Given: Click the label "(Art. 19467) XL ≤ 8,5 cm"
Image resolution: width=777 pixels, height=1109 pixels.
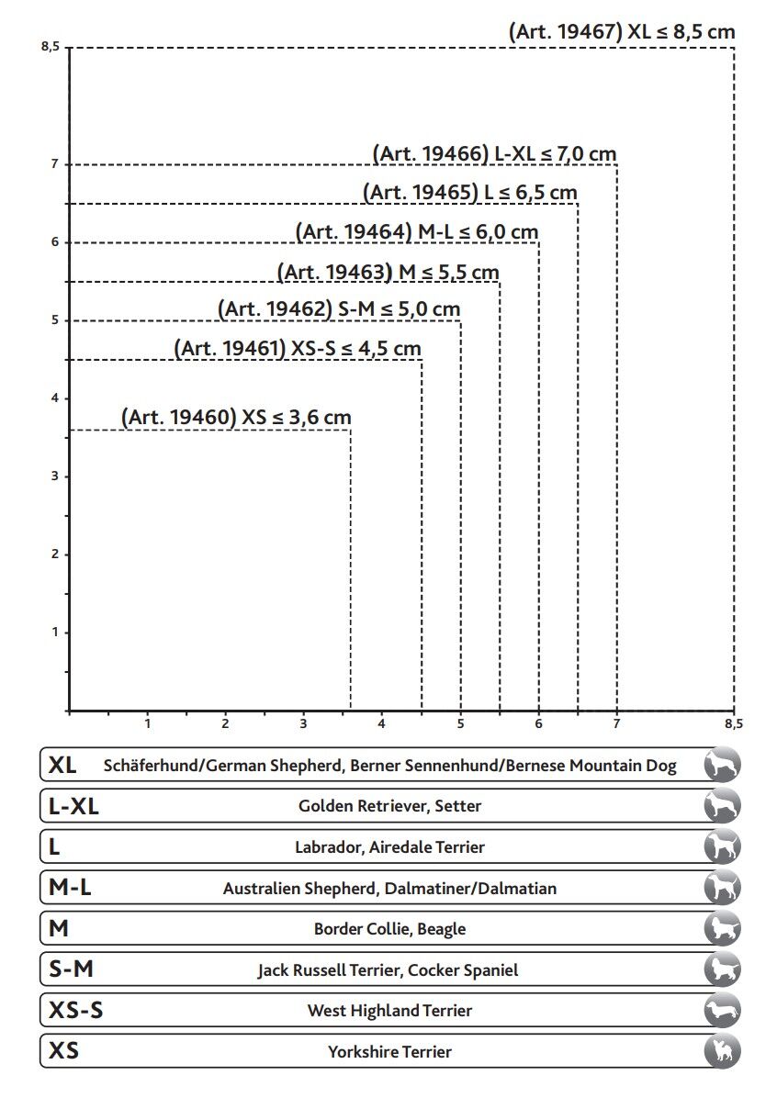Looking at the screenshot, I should [x=622, y=32].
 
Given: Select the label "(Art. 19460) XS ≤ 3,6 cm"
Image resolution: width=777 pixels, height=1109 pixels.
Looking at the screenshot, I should [x=236, y=418].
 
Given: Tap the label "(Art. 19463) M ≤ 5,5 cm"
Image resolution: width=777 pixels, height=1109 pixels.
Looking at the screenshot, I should [x=388, y=273].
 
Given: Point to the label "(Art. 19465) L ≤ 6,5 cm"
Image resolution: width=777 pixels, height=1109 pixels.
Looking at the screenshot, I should [x=470, y=193].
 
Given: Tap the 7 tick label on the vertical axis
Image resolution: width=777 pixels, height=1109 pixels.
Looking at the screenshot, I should [x=55, y=164].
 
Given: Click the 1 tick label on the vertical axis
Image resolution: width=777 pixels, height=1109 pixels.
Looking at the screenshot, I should [x=55, y=632].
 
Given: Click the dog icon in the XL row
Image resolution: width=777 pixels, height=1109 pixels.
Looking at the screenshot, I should [x=722, y=765].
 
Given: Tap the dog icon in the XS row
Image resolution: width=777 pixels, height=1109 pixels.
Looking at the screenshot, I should [x=722, y=1051].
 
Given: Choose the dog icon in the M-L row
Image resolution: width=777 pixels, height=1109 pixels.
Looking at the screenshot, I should [x=722, y=888].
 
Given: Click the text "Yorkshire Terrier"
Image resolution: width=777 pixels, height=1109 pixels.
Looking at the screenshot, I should [x=389, y=1052].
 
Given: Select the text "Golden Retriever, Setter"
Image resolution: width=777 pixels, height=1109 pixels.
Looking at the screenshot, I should [x=389, y=806].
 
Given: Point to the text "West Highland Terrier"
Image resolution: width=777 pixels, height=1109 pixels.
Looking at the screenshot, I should [x=389, y=1011].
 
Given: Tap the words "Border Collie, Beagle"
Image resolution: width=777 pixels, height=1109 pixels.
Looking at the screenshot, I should [x=389, y=929].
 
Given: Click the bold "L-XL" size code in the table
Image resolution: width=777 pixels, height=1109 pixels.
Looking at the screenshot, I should [x=73, y=807].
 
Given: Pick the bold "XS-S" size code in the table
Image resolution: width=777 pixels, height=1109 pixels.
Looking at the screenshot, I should [x=75, y=1011].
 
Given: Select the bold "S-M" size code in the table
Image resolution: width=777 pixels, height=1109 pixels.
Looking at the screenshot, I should [x=71, y=969].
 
